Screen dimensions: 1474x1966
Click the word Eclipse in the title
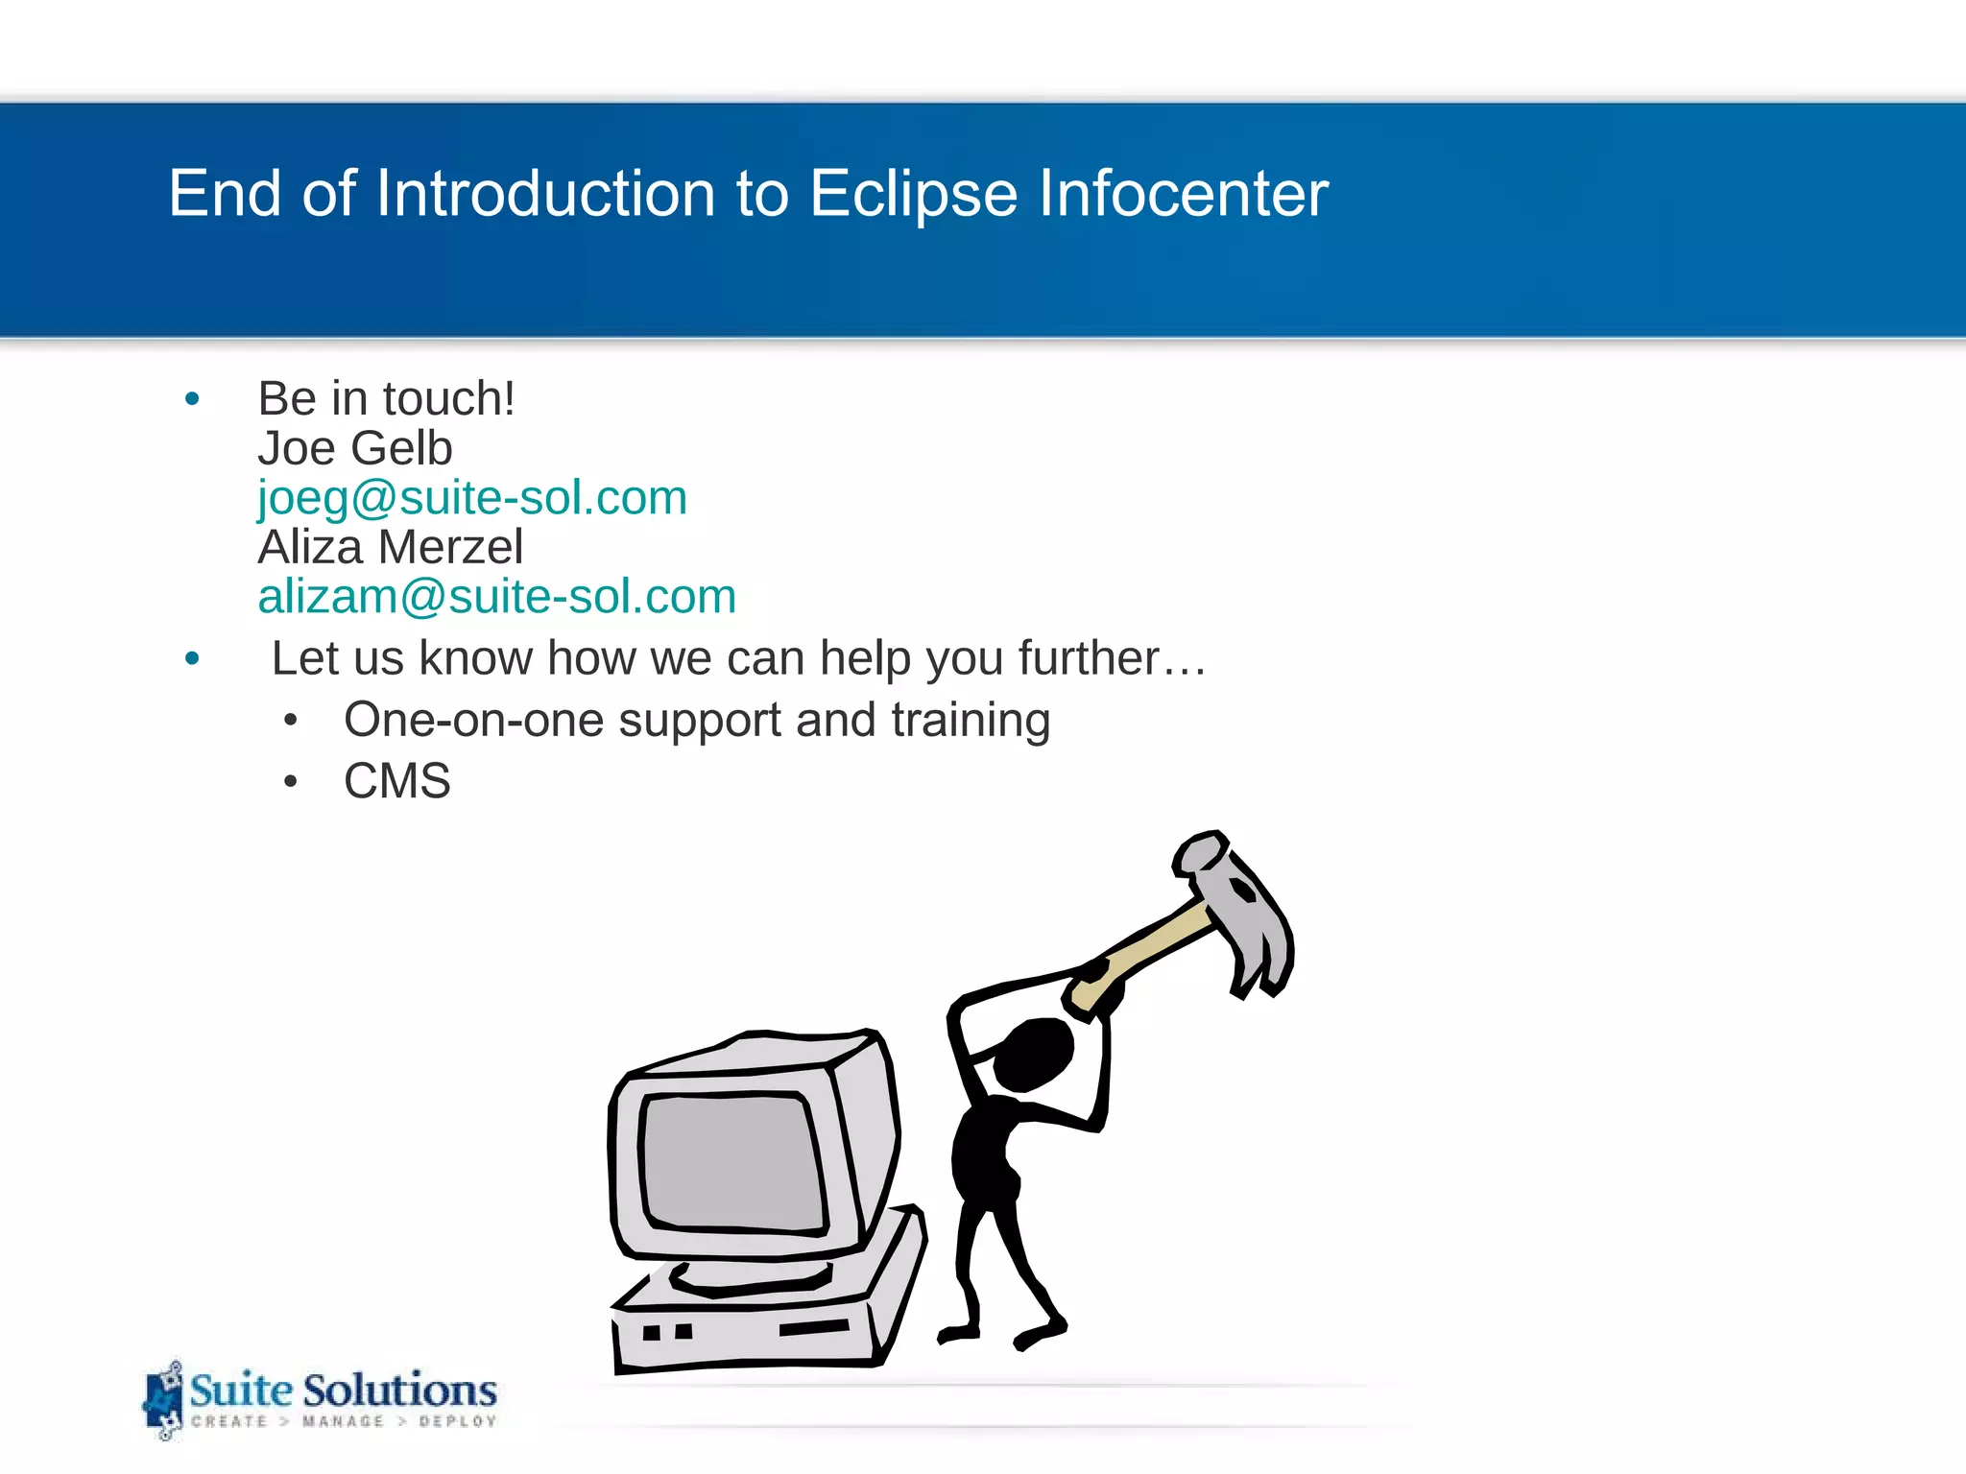point(912,195)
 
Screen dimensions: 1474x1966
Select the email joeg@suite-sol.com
point(472,498)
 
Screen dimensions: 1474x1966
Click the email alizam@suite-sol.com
point(496,597)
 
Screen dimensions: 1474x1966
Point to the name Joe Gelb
point(355,448)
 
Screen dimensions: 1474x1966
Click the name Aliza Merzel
point(390,547)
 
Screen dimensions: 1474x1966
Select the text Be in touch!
point(386,398)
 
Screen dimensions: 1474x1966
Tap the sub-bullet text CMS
point(396,780)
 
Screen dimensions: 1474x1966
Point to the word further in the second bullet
point(1090,658)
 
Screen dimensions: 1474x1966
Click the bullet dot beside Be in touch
point(192,398)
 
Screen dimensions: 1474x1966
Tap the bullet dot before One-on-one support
point(291,720)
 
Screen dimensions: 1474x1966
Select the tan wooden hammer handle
point(1152,950)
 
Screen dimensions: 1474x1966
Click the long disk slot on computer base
point(814,1328)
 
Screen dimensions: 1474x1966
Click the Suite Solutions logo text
point(343,1390)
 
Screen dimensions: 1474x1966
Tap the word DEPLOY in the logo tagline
point(457,1421)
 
